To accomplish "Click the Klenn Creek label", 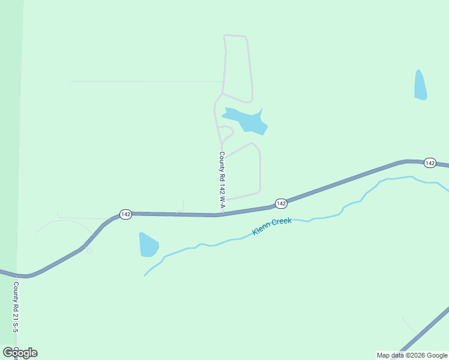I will tap(272, 226).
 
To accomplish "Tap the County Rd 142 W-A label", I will tap(222, 180).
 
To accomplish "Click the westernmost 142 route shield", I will tap(125, 214).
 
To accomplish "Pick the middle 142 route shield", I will tap(281, 204).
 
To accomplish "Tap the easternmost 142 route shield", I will tap(430, 163).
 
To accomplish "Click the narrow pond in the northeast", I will tap(420, 85).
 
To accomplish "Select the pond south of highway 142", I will tap(148, 244).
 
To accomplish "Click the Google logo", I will tap(20, 352).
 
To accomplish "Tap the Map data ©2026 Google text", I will tap(412, 355).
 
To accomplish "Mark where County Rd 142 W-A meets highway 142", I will tap(223, 214).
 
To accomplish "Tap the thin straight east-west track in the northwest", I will tap(144, 82).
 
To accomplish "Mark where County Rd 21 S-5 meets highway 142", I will tap(16, 275).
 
